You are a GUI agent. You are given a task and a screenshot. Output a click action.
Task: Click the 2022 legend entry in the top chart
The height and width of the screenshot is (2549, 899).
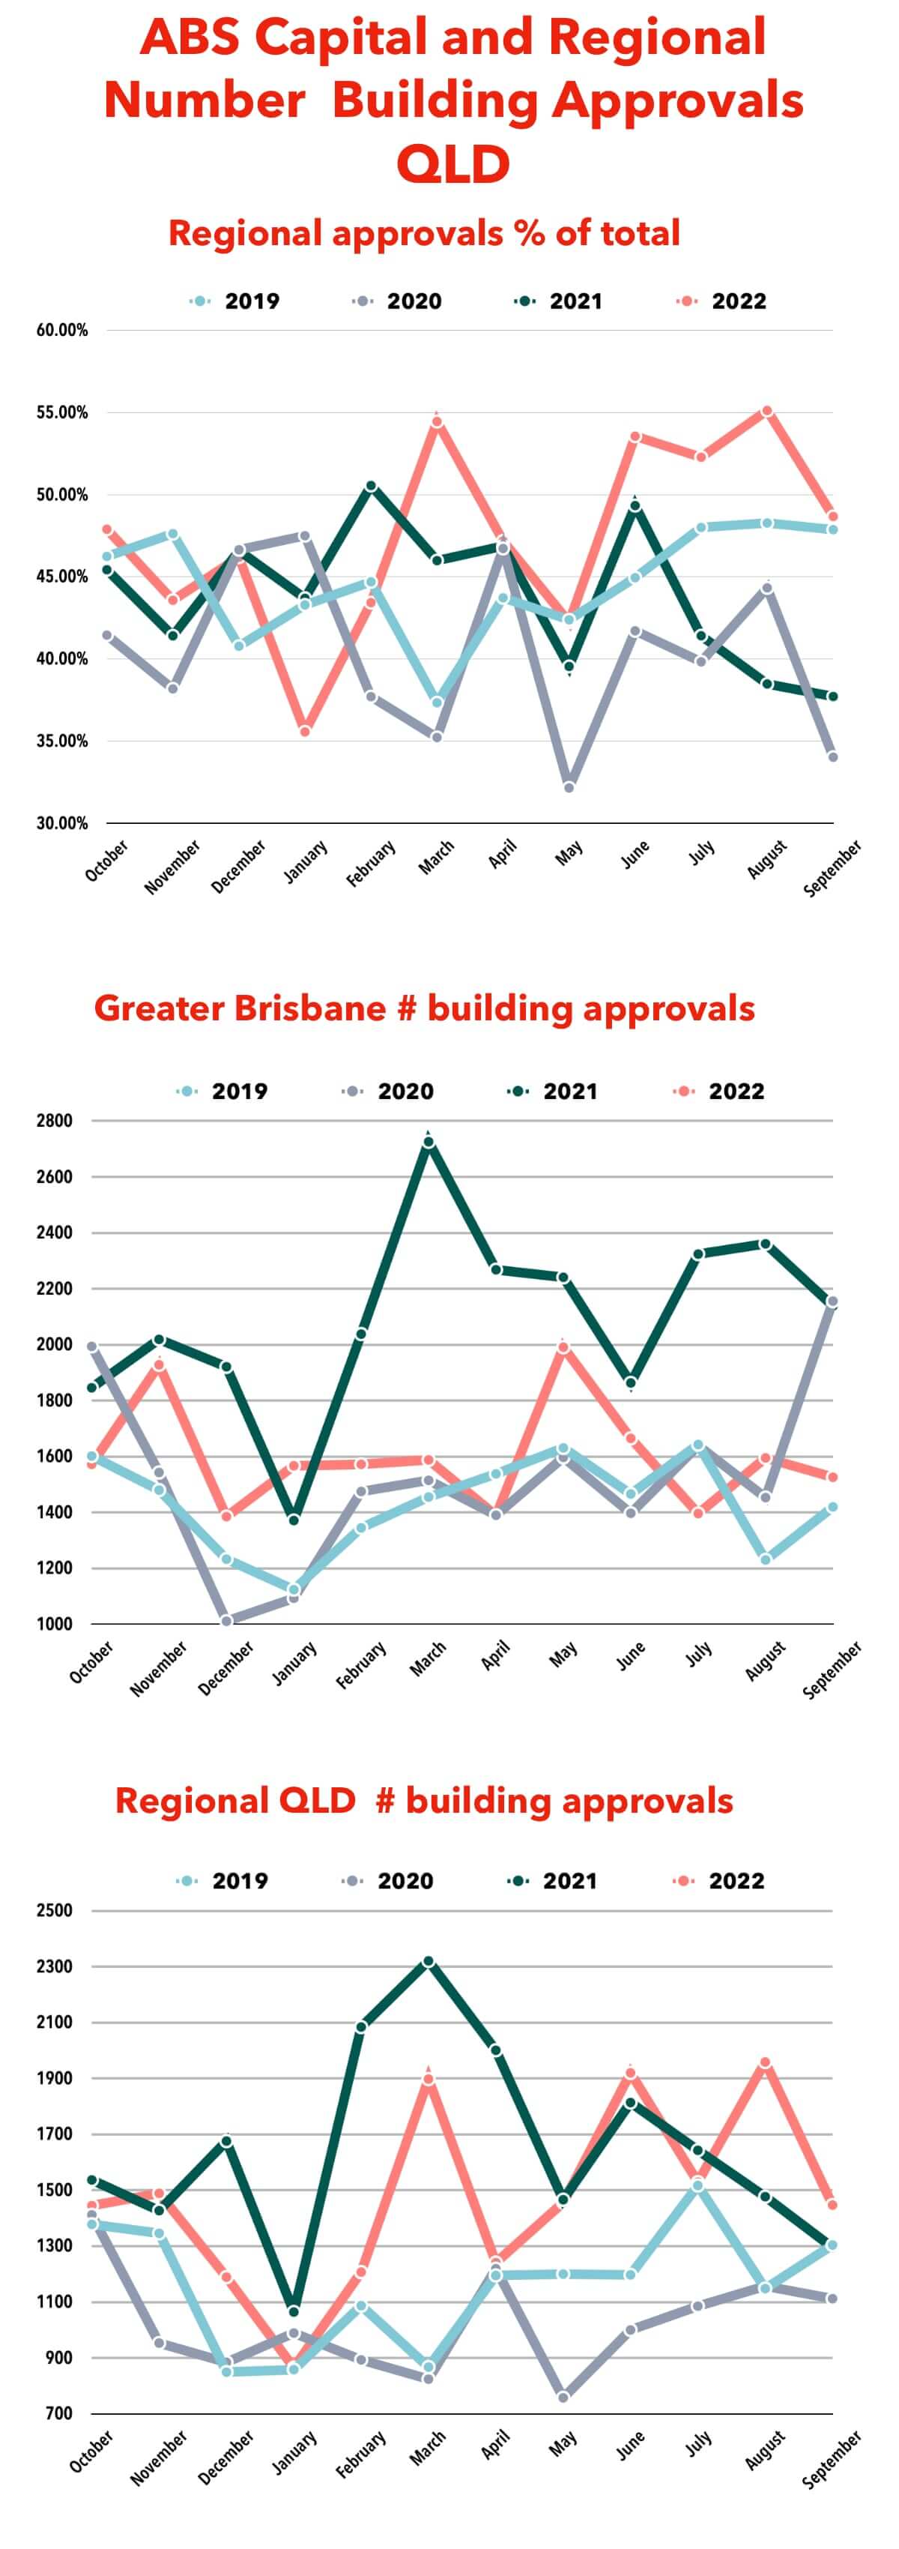click(723, 301)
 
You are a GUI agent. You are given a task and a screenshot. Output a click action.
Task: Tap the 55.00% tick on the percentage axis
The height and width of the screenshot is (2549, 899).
click(62, 412)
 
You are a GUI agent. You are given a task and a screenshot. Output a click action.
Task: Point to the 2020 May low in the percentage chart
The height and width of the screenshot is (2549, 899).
click(569, 786)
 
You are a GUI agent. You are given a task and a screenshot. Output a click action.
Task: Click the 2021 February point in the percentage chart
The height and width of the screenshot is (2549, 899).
click(371, 486)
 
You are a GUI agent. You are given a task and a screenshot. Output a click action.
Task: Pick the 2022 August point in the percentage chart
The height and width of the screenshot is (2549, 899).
click(766, 411)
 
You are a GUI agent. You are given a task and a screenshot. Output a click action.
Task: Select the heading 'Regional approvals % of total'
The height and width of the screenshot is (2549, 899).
click(423, 233)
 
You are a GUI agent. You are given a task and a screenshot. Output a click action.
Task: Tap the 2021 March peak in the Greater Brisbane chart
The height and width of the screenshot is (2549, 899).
click(427, 1142)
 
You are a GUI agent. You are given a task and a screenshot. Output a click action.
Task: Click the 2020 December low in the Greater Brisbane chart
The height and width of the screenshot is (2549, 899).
click(226, 1621)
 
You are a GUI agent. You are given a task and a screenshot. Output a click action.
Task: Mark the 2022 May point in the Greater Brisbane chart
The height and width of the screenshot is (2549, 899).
click(563, 1346)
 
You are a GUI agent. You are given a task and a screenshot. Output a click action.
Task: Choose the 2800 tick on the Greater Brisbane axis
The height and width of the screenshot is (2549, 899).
click(55, 1121)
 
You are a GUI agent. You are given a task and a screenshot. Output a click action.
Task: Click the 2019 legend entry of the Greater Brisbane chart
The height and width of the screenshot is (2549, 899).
click(223, 1092)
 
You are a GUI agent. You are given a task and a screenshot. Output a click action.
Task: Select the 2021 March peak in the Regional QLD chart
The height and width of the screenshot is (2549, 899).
click(427, 1961)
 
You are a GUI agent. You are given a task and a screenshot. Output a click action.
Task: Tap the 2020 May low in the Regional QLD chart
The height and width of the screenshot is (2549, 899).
click(563, 2397)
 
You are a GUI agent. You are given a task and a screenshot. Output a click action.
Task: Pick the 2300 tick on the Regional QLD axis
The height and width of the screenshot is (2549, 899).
click(55, 1966)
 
